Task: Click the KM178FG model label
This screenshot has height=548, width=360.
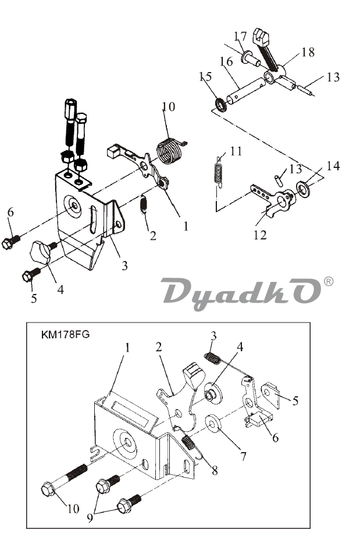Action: point(65,335)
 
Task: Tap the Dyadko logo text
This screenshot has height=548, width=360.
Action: point(241,292)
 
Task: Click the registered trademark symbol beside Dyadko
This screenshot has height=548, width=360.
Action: point(329,281)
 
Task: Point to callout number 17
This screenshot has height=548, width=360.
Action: point(240,36)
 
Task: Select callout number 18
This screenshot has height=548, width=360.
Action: point(308,52)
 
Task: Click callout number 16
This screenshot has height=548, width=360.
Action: point(226,61)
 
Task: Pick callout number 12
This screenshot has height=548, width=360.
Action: point(260,235)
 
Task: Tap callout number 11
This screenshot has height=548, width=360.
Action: point(236,151)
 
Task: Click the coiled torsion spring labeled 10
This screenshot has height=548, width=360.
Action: point(169,151)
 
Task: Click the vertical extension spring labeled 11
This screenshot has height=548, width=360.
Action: point(218,171)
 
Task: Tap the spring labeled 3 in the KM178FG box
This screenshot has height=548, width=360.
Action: point(212,358)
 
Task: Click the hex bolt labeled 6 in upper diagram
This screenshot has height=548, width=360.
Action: point(11,242)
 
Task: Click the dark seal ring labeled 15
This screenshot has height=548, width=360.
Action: point(220,104)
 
